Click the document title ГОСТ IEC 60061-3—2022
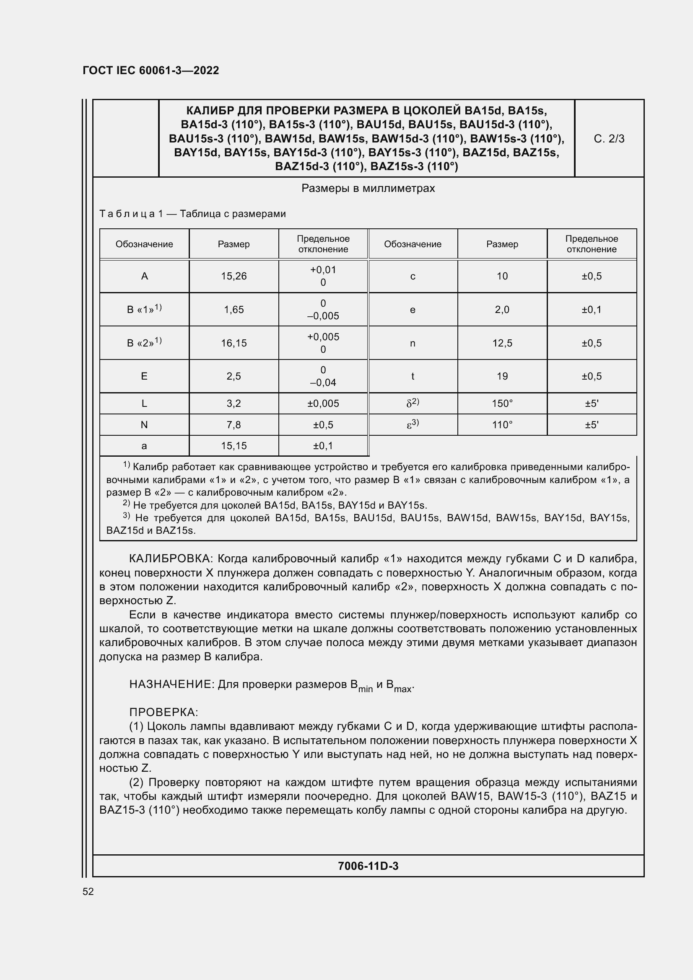coord(151,70)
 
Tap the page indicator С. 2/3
coord(609,139)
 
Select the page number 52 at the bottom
coord(88,892)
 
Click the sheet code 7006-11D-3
coord(368,866)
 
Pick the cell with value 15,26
coord(234,276)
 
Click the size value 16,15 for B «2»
coord(234,343)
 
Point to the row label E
coord(144,376)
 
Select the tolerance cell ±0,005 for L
coord(323,403)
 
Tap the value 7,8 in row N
coord(234,425)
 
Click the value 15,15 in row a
coord(234,446)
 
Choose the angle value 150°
coord(502,403)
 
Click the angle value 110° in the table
coord(502,425)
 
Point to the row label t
coord(413,376)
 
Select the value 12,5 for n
coord(502,343)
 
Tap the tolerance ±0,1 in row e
coord(592,310)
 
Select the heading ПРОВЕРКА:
coord(164,712)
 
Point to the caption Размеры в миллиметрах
coord(368,188)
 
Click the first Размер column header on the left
coord(234,244)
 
